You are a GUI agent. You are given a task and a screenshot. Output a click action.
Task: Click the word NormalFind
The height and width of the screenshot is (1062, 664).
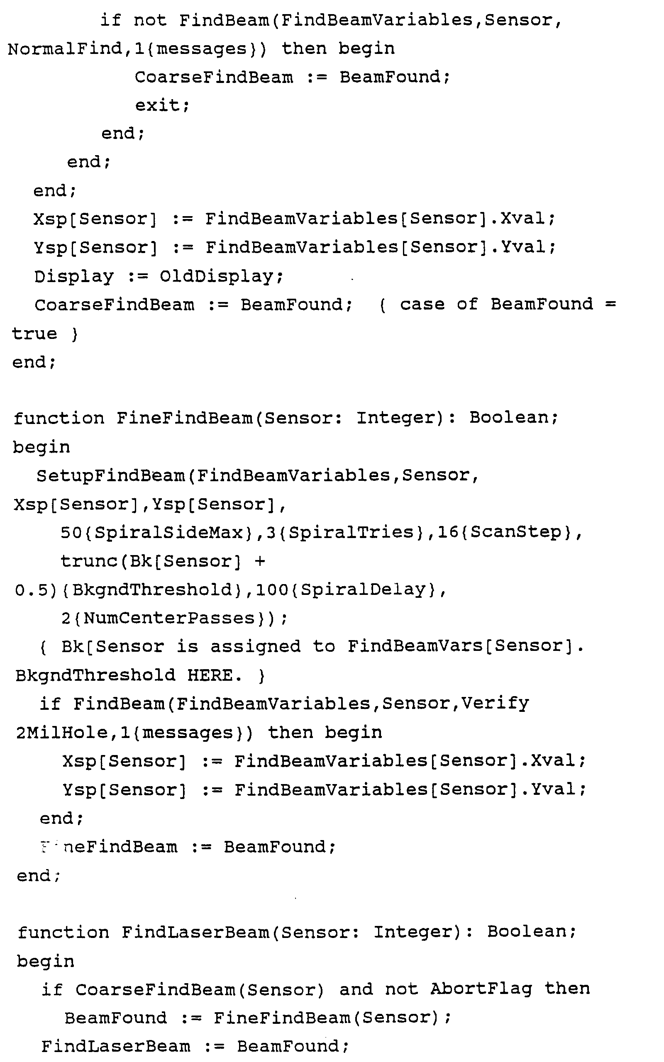(66, 49)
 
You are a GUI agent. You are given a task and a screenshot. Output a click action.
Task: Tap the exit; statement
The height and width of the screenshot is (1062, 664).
(162, 105)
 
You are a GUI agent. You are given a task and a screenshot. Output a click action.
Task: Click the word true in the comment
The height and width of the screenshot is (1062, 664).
(34, 334)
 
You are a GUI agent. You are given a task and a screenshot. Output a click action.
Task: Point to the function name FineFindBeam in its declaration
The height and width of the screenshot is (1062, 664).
(184, 418)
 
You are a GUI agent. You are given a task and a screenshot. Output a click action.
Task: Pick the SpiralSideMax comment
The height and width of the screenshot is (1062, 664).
(168, 533)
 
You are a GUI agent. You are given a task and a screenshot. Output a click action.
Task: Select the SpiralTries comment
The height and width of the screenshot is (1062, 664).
(352, 533)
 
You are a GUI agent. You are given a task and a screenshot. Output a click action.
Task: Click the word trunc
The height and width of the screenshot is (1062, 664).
(88, 561)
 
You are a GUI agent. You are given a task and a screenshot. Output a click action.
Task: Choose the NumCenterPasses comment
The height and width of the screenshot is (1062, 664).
(169, 619)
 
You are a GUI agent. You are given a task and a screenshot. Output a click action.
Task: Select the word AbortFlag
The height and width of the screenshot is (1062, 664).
(481, 989)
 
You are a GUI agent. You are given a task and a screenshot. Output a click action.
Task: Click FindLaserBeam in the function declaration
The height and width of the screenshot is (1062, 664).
(195, 932)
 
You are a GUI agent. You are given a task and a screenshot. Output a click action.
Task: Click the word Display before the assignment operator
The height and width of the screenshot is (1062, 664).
(74, 276)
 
